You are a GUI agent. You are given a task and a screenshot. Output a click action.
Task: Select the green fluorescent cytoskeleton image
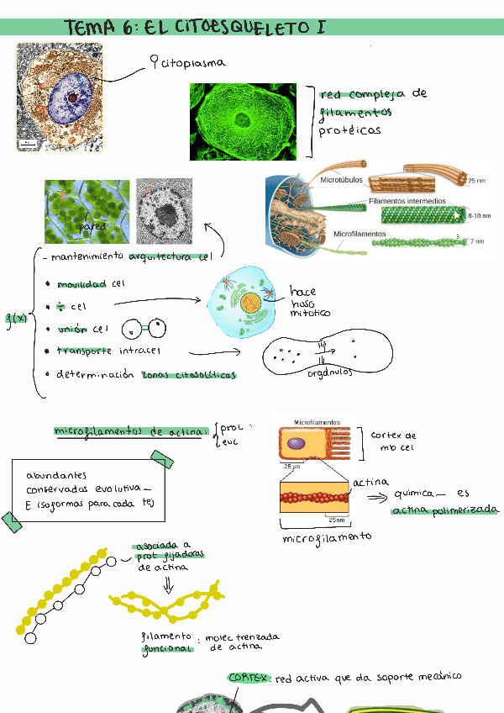click(x=243, y=121)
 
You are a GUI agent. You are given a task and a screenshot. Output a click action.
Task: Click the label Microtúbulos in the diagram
click(x=340, y=180)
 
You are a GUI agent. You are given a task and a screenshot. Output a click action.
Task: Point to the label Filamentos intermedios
click(x=407, y=202)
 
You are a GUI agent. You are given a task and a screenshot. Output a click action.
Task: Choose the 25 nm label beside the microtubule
click(x=476, y=181)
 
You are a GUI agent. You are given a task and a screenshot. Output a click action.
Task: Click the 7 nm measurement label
click(x=476, y=241)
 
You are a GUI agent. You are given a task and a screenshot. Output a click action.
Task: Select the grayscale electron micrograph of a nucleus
click(x=165, y=211)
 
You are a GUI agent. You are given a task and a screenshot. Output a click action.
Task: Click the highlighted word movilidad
click(x=81, y=284)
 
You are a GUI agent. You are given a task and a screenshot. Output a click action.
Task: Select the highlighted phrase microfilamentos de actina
click(x=130, y=431)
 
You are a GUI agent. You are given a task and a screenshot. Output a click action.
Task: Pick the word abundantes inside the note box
click(x=56, y=475)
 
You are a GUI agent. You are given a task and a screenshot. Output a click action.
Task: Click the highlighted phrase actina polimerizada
click(x=445, y=510)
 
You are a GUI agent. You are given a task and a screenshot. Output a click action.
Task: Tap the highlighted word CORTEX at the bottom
click(x=249, y=677)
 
